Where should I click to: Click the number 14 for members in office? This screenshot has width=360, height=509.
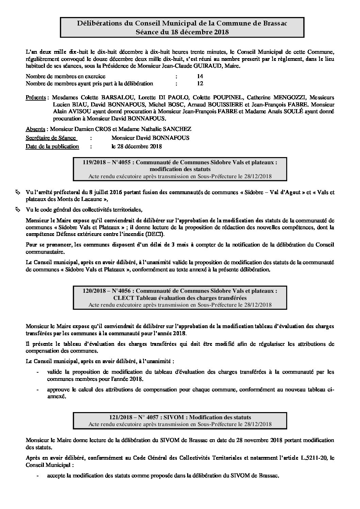point(200,77)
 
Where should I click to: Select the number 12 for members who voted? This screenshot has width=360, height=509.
point(200,83)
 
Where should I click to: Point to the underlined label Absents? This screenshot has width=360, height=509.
point(35,129)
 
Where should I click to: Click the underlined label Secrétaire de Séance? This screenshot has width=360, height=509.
point(51,138)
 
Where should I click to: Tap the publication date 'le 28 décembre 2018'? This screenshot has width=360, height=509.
point(136,147)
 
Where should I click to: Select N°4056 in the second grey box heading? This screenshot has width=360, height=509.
point(122,291)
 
